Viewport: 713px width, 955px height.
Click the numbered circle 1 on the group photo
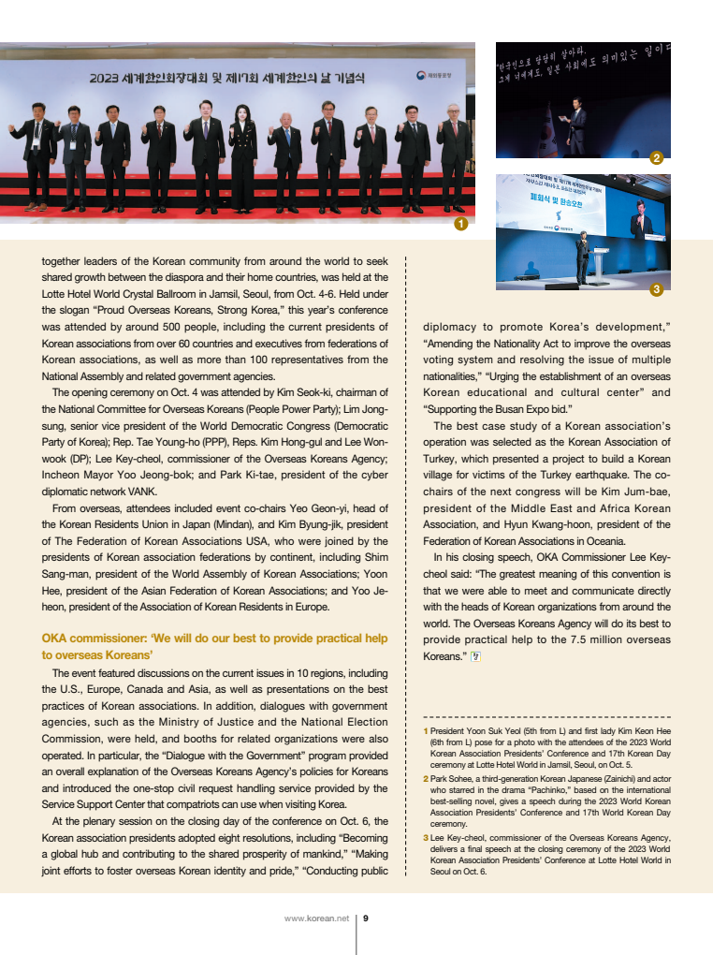pos(460,225)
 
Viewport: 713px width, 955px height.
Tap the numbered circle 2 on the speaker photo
pos(657,157)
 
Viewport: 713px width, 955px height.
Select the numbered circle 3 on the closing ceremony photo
pos(657,289)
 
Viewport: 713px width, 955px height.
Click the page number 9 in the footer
pos(365,918)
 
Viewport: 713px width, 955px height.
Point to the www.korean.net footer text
pos(316,918)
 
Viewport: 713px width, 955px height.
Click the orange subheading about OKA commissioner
pos(214,646)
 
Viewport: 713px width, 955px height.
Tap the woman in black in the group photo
pos(243,154)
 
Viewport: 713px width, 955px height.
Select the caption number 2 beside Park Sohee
pos(426,778)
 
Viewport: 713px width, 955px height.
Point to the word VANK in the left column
pos(142,491)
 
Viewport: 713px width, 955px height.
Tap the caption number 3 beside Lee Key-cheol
pos(426,837)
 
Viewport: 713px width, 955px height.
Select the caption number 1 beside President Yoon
pos(426,730)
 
